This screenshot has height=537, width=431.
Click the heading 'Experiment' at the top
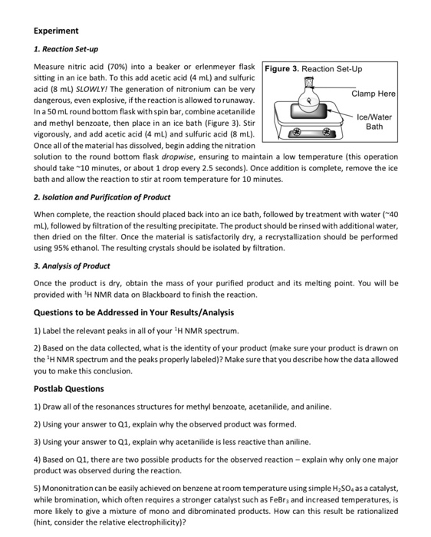[56, 31]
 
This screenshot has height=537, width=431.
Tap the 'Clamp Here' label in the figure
[373, 94]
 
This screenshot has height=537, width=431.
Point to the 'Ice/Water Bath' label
[374, 121]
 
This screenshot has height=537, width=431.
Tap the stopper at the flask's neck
[309, 81]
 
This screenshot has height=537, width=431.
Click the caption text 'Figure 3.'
[282, 69]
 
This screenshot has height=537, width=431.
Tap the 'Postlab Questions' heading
[69, 389]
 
